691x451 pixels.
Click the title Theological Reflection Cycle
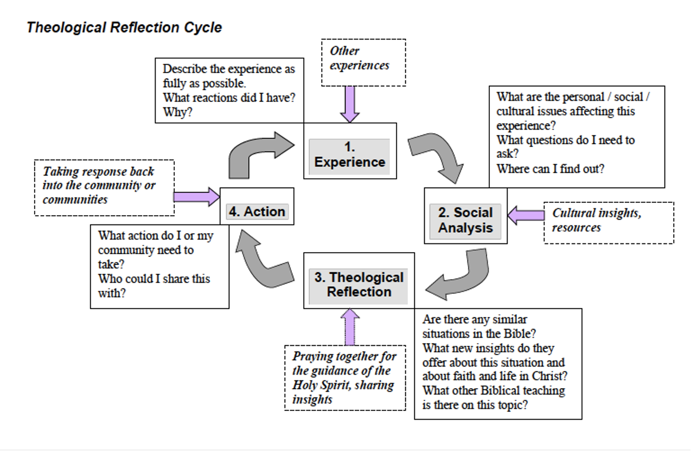(124, 28)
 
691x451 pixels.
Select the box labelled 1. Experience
(350, 155)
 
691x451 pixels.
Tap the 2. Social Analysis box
(465, 220)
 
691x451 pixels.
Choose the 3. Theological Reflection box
(359, 285)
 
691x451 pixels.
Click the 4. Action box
(257, 211)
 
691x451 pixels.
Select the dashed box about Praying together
(344, 378)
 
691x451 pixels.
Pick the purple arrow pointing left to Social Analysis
(526, 215)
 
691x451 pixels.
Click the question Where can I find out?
(551, 169)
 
